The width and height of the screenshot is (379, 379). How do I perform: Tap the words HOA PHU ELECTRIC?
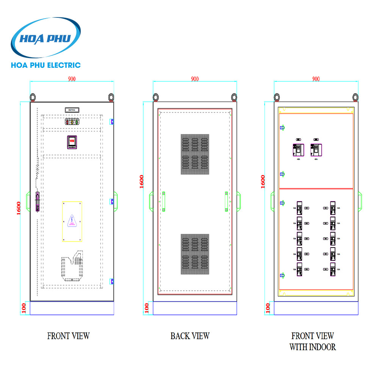[x=46, y=65]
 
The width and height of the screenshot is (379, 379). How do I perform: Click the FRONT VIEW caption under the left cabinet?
[x=68, y=336]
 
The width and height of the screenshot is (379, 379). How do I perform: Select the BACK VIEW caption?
[x=189, y=336]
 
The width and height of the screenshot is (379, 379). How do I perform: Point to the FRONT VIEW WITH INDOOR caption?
[x=313, y=341]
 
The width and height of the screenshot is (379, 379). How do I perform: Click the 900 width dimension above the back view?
[x=194, y=79]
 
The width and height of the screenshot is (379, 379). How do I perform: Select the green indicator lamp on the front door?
[x=77, y=122]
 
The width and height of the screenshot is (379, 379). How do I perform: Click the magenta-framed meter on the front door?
[x=72, y=142]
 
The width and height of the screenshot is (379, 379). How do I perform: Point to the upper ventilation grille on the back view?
[x=195, y=154]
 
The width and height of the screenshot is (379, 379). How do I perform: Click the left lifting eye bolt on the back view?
[x=156, y=97]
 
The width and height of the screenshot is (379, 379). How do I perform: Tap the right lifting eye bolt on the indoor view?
[x=356, y=97]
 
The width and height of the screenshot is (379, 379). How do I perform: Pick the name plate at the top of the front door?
[x=72, y=110]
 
